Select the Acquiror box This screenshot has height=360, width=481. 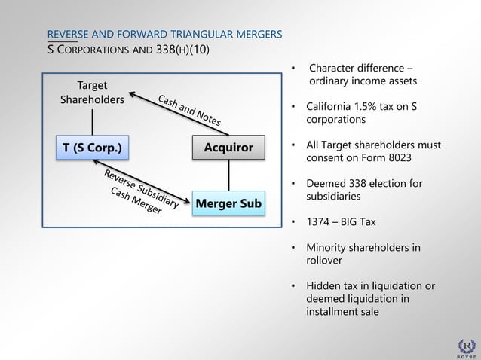pos(228,148)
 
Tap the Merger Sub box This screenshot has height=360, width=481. pos(228,203)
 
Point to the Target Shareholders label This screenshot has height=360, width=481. pos(92,93)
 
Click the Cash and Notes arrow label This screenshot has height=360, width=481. pos(189,111)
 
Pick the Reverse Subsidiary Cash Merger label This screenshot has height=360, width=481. pos(139,191)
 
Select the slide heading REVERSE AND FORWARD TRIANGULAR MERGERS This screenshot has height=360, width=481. pos(165,35)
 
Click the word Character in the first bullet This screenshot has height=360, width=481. pos(333,69)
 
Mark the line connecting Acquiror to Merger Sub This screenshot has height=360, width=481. pos(228,175)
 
